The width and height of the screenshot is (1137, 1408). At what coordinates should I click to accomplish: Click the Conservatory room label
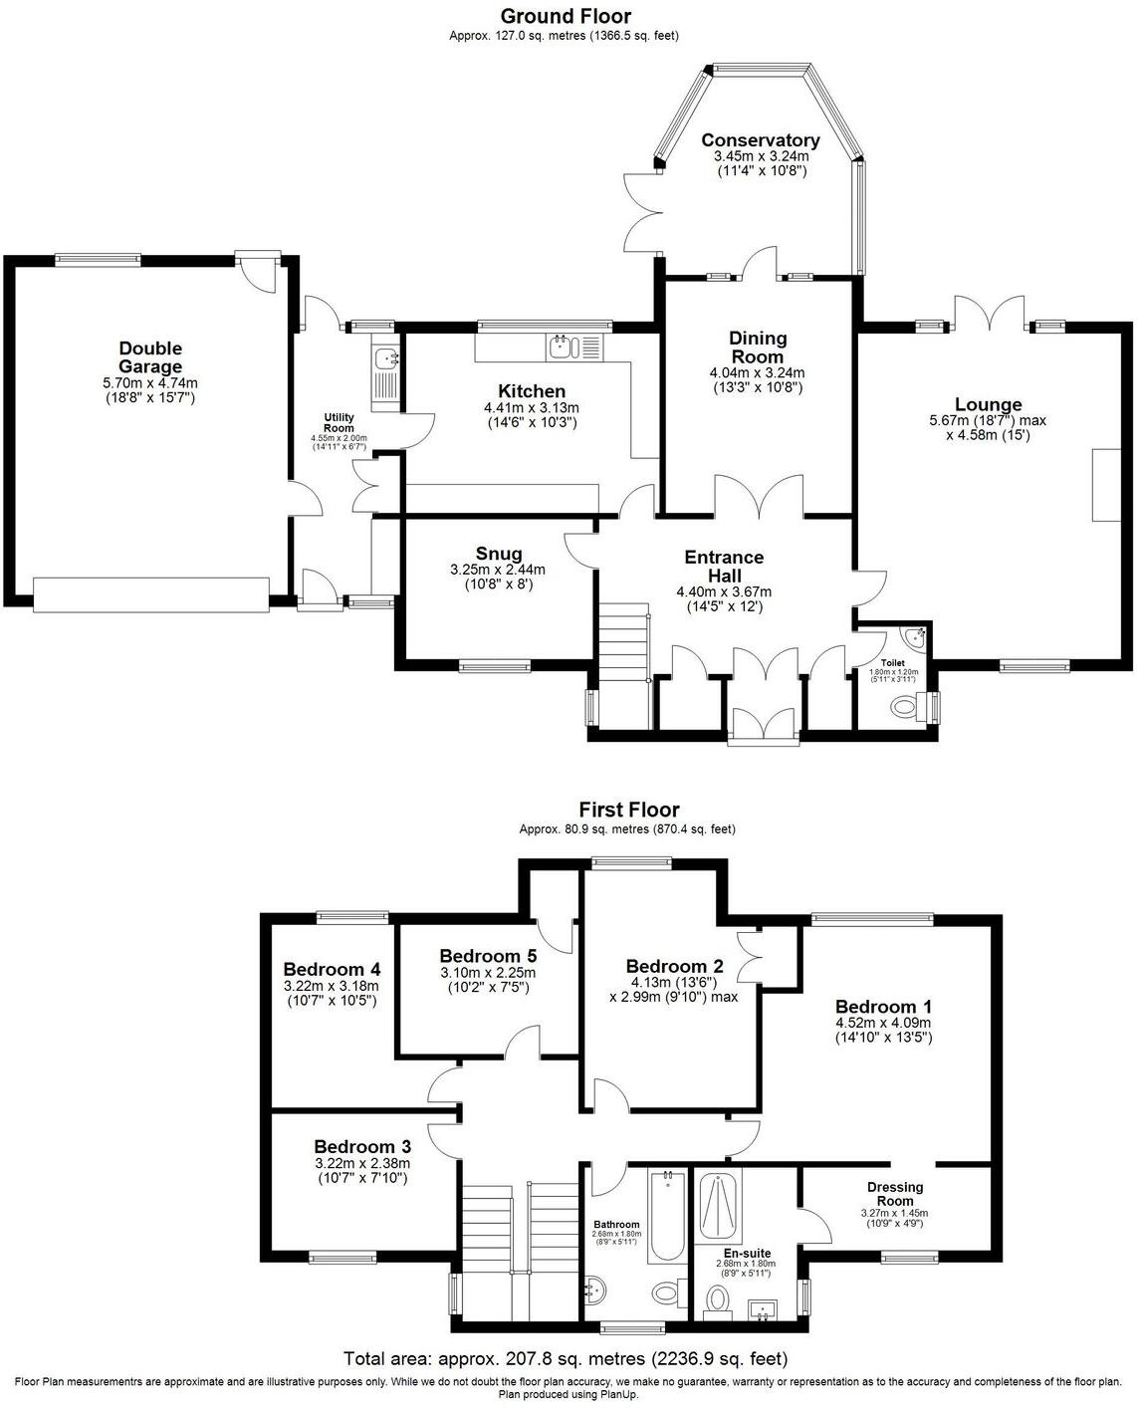pos(760,140)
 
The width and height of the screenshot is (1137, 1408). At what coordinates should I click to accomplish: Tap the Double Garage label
pos(150,357)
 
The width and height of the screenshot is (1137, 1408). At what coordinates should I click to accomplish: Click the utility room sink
pos(384,357)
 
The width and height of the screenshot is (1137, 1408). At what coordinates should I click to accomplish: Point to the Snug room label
pos(498,554)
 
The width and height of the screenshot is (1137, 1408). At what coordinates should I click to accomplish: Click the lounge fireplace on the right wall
pos(1103,485)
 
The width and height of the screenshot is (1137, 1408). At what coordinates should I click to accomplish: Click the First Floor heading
pos(628,811)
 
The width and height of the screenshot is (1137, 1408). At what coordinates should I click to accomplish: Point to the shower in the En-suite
pos(717,1209)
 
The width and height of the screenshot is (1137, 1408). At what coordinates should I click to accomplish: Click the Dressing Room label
pos(894,1193)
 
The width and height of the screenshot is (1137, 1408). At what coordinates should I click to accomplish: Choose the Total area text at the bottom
pos(565,1358)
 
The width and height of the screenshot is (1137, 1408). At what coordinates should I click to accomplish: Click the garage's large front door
pos(151,593)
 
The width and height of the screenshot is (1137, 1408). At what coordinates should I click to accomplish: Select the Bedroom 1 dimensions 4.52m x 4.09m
pos(882,1022)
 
